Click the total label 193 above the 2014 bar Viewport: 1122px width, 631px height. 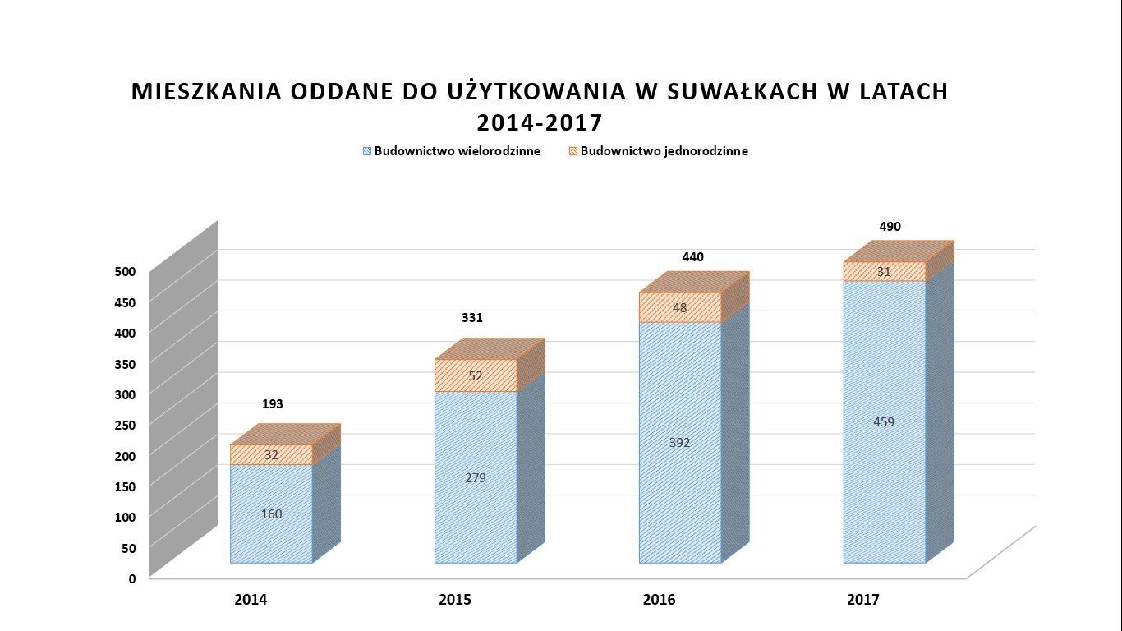pos(273,404)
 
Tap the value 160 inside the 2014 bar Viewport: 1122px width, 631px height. pos(271,514)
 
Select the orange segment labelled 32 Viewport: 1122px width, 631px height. pos(271,455)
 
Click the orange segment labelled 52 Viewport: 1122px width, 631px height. pos(476,376)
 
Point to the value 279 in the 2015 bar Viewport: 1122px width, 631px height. pos(476,477)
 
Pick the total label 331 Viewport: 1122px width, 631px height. pos(471,318)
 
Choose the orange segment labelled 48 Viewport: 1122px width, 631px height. pos(679,308)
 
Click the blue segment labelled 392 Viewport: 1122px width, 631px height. pos(679,443)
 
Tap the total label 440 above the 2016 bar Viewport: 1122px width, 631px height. pos(692,257)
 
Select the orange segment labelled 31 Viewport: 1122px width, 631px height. pos(884,272)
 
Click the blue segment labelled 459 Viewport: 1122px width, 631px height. pos(884,422)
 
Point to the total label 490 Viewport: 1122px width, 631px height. pos(890,227)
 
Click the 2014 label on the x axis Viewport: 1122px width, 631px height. pos(251,600)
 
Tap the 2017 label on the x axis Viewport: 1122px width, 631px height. pos(863,600)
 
